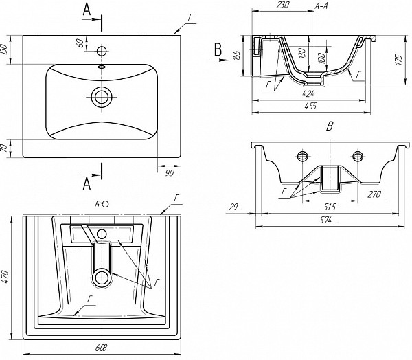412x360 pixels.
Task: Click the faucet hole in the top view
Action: (x=102, y=51)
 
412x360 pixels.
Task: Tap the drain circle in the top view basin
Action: (x=102, y=97)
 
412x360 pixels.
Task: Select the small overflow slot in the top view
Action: (x=102, y=67)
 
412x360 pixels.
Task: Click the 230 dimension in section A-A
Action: (x=282, y=5)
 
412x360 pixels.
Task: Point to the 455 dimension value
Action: (x=311, y=106)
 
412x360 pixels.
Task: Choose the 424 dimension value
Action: (x=308, y=93)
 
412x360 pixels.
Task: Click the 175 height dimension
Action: (x=399, y=60)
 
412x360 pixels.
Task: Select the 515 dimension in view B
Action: (x=329, y=207)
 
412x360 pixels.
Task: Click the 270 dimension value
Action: (x=374, y=194)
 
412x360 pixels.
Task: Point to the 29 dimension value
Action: (x=233, y=207)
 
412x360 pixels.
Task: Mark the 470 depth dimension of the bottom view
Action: (x=5, y=276)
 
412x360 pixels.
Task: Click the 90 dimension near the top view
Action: (x=170, y=173)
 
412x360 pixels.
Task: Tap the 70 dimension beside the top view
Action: (x=5, y=148)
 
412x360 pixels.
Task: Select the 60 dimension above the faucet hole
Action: (x=80, y=43)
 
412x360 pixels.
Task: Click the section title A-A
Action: (x=321, y=5)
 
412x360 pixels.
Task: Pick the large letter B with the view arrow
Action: (x=218, y=49)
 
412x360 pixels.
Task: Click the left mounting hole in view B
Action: (x=302, y=157)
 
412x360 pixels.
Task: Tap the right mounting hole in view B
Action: (x=357, y=157)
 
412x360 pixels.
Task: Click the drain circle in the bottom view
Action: (x=102, y=278)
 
